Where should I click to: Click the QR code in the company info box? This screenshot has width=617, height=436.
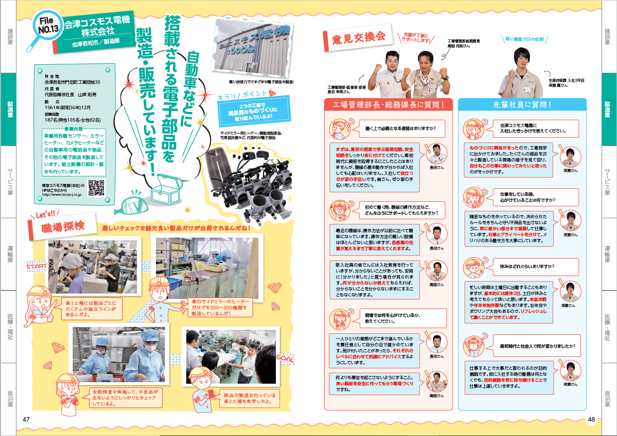point(96,187)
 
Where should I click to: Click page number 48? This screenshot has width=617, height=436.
point(591,420)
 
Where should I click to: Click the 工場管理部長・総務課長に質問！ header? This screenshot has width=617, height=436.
point(387,104)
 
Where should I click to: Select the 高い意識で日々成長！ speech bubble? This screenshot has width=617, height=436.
point(524,38)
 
